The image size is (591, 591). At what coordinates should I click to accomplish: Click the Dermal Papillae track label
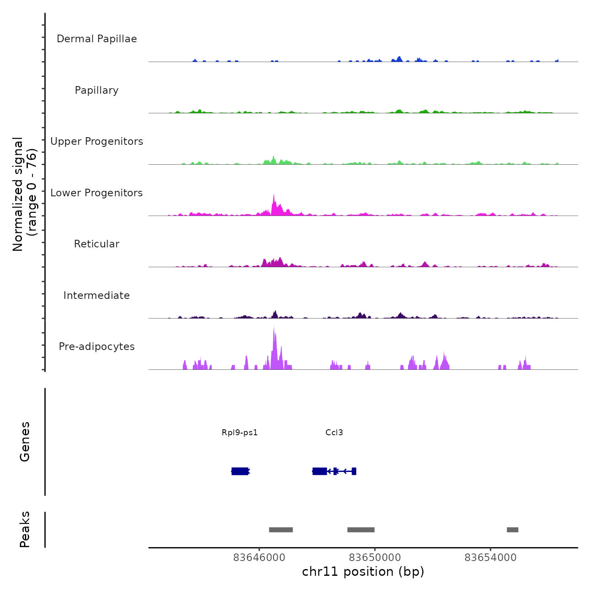(97, 39)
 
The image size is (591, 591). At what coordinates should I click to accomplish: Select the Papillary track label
(97, 90)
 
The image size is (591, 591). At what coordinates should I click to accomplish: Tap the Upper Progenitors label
(97, 141)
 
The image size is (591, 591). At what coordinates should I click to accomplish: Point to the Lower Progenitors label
(97, 193)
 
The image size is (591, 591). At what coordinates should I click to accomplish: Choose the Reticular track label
(97, 244)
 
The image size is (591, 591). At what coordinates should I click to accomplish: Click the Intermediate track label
(97, 295)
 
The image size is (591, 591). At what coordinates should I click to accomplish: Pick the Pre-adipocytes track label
(97, 347)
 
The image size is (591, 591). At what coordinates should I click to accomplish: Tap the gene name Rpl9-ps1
(240, 433)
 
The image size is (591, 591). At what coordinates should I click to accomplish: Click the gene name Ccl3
(334, 433)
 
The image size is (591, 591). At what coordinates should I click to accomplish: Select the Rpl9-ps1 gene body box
(240, 471)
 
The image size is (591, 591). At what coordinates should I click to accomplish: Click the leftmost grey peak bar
(281, 530)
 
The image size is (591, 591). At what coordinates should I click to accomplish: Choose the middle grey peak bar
(361, 530)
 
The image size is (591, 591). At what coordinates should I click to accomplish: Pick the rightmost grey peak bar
(512, 530)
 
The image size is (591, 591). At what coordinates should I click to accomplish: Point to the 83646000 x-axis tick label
(259, 558)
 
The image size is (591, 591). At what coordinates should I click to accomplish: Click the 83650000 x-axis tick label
(375, 558)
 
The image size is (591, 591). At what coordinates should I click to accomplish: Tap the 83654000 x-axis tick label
(491, 558)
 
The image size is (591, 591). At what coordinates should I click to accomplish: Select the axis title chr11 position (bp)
(363, 572)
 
